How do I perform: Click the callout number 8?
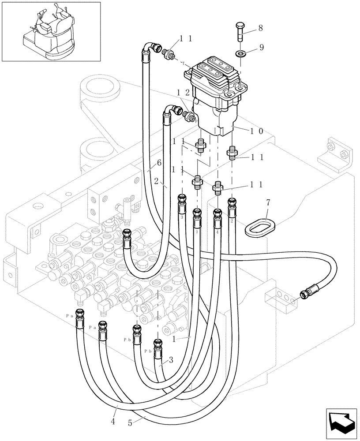260,28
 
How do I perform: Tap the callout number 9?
262,48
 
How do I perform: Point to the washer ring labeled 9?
240,53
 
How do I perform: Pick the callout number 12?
183,93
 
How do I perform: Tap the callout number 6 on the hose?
159,163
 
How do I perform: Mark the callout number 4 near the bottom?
113,422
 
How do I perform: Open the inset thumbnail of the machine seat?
51,31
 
